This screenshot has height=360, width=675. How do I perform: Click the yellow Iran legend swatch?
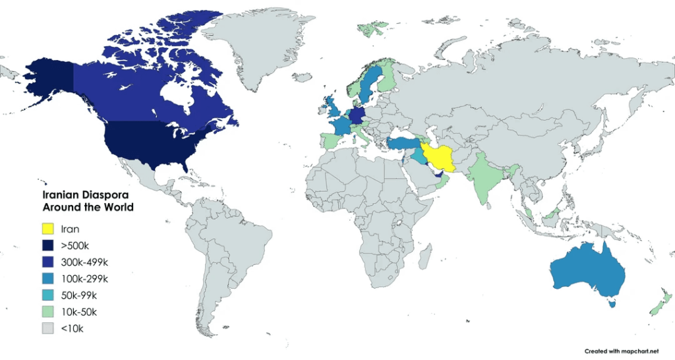(x=48, y=229)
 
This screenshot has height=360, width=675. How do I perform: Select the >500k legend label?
(x=74, y=245)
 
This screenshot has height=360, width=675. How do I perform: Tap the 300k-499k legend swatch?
(x=48, y=262)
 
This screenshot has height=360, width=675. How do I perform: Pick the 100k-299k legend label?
(x=84, y=278)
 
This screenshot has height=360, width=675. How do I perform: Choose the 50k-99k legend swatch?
(x=48, y=295)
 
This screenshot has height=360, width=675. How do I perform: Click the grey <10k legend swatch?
(x=48, y=328)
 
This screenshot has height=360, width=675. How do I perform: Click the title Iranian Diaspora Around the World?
(x=88, y=201)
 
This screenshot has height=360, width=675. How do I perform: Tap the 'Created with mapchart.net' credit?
(x=622, y=351)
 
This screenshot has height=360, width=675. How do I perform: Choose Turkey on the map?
(x=402, y=144)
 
